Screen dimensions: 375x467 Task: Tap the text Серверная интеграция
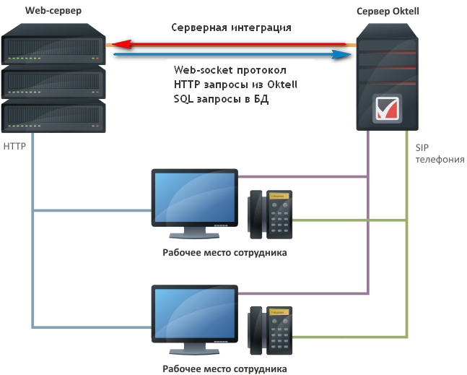coord(231,28)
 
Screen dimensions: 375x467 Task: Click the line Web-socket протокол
coord(230,70)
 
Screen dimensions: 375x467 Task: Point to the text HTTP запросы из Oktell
coord(236,85)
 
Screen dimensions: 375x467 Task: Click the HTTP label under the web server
coord(14,146)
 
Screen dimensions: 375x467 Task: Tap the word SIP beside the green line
coord(422,147)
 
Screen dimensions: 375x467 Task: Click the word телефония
coord(440,160)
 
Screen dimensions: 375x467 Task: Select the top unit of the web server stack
coord(53,46)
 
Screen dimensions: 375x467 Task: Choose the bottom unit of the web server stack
coord(53,116)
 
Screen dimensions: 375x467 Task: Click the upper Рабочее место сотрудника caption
coord(224,253)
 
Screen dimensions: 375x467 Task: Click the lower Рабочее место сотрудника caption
coord(224,368)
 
